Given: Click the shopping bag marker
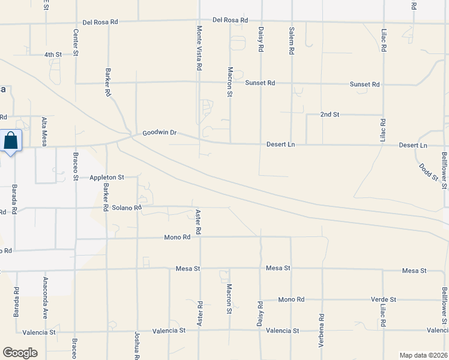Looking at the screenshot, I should [x=11, y=142].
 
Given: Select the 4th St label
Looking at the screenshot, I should [x=53, y=55].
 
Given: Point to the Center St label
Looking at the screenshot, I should [x=76, y=43].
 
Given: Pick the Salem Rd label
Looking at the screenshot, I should [x=291, y=41].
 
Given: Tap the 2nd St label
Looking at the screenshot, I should [x=330, y=114].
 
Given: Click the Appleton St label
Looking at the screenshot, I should [x=106, y=178].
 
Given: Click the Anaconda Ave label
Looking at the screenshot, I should [x=45, y=297].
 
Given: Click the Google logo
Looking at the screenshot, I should [x=20, y=352].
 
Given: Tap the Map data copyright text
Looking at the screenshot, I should [x=424, y=355].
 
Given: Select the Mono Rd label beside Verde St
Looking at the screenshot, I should [x=291, y=299].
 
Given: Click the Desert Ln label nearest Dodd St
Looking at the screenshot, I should [x=413, y=146].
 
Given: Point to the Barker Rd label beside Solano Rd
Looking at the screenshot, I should [x=106, y=199].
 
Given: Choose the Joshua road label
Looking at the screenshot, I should [x=137, y=346].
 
